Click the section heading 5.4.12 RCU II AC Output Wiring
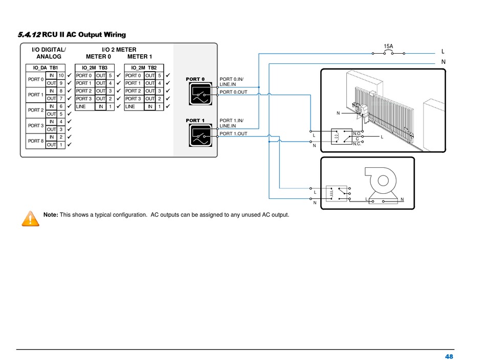click(x=71, y=35)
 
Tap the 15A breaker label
click(x=388, y=47)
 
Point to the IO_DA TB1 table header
click(x=46, y=67)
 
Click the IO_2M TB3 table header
click(x=95, y=67)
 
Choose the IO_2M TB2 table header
click(x=144, y=67)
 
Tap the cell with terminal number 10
click(x=61, y=75)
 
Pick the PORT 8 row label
click(x=35, y=141)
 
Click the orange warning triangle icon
click(x=31, y=218)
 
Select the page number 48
click(x=449, y=356)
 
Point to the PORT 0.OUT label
click(x=233, y=93)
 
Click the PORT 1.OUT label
click(x=233, y=133)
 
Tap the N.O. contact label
click(x=357, y=133)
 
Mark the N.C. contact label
click(x=357, y=144)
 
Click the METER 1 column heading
click(x=139, y=57)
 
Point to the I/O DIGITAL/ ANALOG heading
click(x=49, y=53)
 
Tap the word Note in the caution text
click(x=51, y=214)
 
